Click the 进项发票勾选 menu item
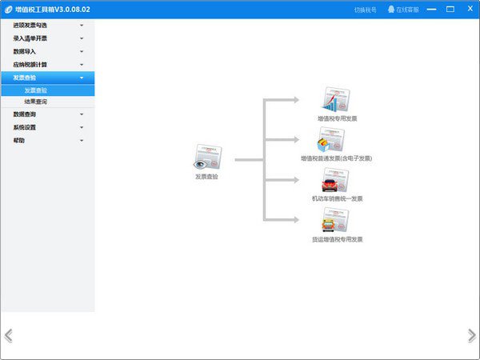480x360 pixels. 35,26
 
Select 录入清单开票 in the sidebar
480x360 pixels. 35,38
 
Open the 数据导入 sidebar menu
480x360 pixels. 26,51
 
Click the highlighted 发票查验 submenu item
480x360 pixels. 36,90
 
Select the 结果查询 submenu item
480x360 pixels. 36,102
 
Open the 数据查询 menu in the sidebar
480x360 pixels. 26,114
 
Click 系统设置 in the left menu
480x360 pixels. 26,127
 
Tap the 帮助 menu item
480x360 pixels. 19,140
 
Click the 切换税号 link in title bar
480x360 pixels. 366,10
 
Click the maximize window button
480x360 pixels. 450,9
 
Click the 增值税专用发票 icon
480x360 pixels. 336,100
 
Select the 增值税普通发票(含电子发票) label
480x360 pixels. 336,158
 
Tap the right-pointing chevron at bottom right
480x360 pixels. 471,335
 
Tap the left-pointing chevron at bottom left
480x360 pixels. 9,335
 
